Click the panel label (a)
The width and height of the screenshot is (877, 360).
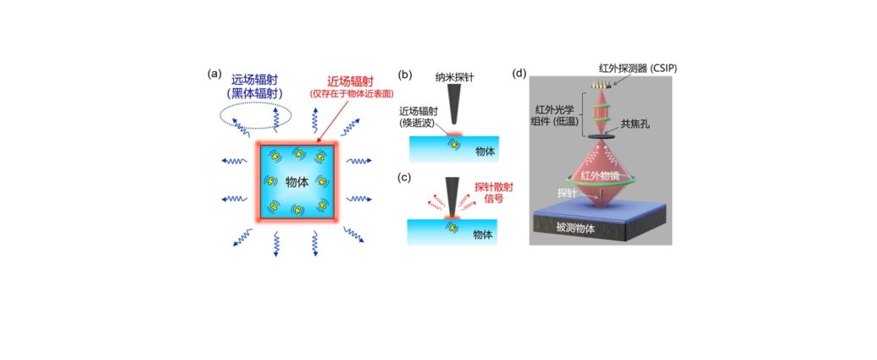coord(214,73)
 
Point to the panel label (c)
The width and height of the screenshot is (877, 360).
coord(404,179)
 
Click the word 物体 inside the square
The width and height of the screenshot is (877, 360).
coord(297,183)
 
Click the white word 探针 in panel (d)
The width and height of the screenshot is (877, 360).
coord(567,193)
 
